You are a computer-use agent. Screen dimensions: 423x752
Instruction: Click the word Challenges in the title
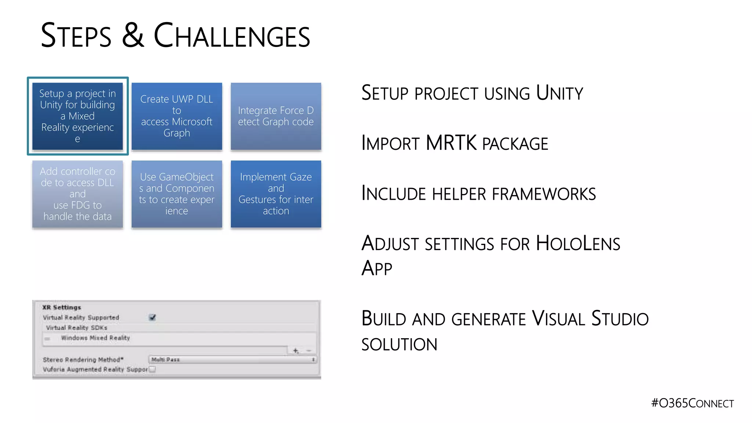232,36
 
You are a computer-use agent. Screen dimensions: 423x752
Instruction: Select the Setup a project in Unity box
77,116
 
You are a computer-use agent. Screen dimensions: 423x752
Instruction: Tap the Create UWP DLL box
177,116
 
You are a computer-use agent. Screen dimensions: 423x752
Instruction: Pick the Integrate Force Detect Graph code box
276,116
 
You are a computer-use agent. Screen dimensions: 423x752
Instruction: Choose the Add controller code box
77,194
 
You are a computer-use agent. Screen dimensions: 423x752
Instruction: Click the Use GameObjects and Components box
177,194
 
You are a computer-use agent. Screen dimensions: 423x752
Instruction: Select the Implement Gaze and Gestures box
276,194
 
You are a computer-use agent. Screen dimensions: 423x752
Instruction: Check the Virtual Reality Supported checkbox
152,317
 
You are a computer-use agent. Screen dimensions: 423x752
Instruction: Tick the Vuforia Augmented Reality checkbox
152,369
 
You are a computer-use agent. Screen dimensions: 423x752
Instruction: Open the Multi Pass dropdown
233,359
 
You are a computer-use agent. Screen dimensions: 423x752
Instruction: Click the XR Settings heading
62,307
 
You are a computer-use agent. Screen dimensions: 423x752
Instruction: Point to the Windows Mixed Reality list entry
95,338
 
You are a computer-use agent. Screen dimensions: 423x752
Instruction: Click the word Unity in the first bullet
559,93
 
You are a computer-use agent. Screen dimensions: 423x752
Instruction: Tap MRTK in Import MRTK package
451,143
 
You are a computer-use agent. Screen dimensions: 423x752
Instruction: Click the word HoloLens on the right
578,244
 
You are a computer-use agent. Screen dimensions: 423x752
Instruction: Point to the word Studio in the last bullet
620,319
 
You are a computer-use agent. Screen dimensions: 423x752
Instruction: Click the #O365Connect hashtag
692,403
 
